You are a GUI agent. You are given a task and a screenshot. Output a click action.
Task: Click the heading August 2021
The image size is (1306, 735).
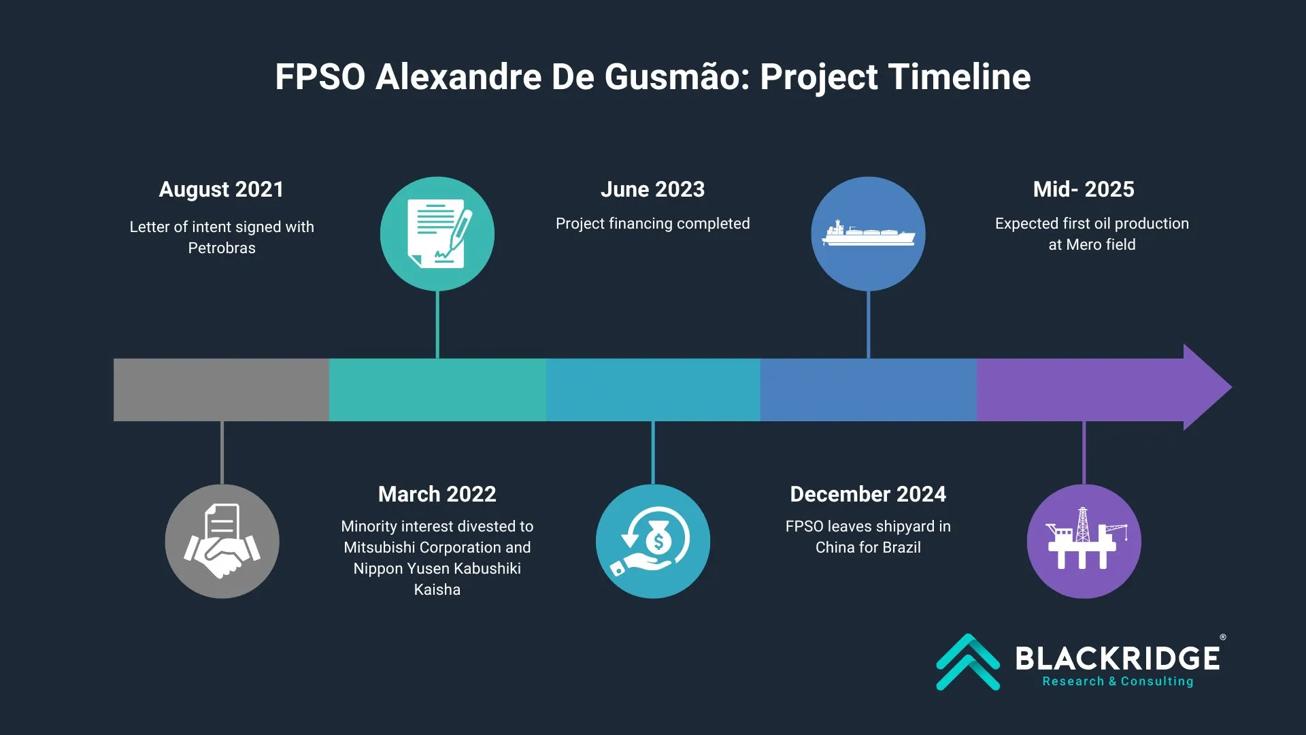(221, 189)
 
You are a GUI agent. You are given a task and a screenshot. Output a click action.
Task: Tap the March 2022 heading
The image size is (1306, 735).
(437, 494)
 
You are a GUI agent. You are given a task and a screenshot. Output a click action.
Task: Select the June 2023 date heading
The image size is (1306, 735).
(653, 189)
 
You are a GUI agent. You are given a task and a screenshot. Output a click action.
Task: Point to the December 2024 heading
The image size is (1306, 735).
(868, 494)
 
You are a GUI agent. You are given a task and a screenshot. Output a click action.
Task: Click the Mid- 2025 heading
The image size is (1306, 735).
(1084, 189)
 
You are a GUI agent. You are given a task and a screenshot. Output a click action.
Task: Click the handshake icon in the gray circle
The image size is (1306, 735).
(222, 542)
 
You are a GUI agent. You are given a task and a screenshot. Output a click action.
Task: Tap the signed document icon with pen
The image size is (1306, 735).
(439, 233)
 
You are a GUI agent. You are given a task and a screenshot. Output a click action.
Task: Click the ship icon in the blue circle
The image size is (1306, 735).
(868, 233)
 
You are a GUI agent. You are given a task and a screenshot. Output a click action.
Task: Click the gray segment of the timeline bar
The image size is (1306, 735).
(221, 389)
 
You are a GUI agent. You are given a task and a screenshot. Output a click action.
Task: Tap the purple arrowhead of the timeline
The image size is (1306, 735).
(1207, 387)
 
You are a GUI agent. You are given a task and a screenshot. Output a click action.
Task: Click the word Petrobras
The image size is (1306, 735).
(222, 248)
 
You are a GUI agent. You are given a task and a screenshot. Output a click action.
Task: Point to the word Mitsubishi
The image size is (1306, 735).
(379, 547)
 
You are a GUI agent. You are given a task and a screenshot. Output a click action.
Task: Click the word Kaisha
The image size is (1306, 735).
(437, 589)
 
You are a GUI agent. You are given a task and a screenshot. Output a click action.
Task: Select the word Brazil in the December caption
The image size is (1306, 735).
(901, 547)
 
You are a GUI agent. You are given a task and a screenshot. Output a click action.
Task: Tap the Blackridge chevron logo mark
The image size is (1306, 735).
(968, 661)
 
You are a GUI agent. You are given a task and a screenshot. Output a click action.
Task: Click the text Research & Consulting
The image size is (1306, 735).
(1118, 681)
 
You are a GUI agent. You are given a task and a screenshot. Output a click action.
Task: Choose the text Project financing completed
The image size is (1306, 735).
(653, 223)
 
